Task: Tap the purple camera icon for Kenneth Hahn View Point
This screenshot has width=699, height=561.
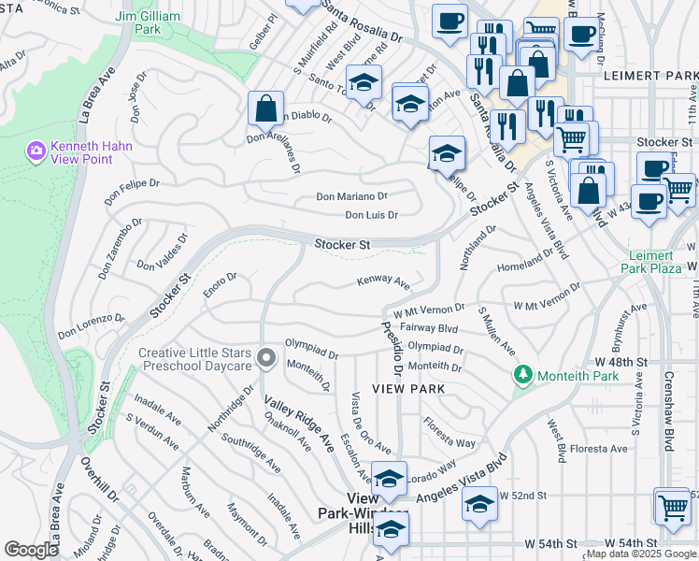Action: tap(36, 150)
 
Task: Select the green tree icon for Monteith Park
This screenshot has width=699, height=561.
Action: tap(522, 376)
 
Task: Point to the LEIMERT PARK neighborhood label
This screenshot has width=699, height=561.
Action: tap(650, 75)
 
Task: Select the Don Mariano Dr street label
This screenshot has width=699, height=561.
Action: tap(351, 196)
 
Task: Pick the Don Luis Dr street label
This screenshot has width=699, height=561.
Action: tap(371, 215)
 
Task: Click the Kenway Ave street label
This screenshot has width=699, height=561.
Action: tap(383, 281)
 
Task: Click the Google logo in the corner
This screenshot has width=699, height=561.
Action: tap(31, 549)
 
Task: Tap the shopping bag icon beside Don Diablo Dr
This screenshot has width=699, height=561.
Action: tap(266, 108)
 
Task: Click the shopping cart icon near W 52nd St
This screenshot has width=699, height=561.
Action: tap(673, 507)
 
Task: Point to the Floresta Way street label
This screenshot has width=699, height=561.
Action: tap(449, 436)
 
